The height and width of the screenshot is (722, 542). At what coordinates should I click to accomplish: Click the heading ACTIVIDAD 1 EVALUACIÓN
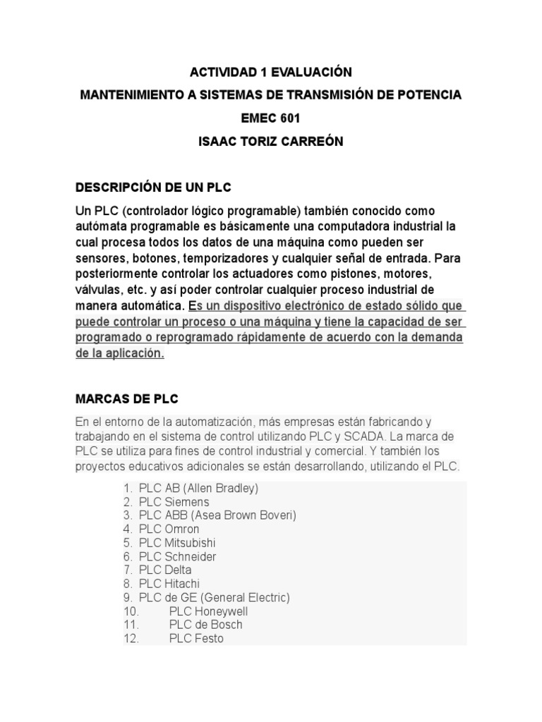click(x=271, y=72)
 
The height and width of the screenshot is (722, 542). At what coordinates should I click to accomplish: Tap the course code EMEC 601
click(x=271, y=118)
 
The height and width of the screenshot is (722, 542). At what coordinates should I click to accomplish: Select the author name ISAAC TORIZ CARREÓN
click(x=271, y=141)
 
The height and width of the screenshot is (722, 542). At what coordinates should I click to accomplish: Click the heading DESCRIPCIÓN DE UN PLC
click(x=153, y=188)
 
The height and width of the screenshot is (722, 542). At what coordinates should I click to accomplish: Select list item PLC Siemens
click(x=174, y=502)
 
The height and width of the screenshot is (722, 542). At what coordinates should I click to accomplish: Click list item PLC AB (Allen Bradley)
click(x=199, y=488)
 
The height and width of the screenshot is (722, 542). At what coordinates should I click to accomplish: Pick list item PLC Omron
click(x=169, y=529)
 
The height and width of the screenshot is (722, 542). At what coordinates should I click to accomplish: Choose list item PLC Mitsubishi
click(x=177, y=543)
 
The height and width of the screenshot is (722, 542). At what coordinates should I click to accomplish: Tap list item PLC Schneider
click(x=177, y=556)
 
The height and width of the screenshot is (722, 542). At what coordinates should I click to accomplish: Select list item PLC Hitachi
click(x=169, y=584)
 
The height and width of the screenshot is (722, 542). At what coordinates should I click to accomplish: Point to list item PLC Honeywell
click(x=208, y=611)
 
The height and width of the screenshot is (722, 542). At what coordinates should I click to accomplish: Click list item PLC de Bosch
click(x=205, y=625)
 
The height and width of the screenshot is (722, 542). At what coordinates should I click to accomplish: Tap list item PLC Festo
click(x=196, y=639)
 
